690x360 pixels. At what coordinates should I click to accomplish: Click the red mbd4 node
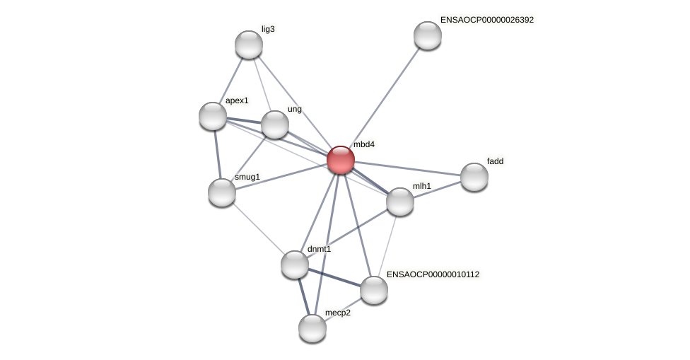point(341,160)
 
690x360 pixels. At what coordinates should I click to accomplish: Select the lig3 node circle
point(249,45)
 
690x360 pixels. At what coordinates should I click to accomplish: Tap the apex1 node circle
point(213,116)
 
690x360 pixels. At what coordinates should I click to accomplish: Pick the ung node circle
point(275,124)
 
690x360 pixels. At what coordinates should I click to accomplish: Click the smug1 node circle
point(222,192)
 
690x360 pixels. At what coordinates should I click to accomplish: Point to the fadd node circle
point(474,177)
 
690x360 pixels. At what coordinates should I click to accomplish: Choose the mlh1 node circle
point(400,202)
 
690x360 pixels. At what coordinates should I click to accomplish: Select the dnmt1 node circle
point(295,265)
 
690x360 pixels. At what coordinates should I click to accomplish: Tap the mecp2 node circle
point(312,328)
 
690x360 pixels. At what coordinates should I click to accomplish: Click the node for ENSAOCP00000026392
point(428,35)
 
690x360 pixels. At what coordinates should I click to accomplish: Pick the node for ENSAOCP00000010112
point(374,290)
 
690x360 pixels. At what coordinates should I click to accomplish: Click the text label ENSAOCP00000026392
point(486,20)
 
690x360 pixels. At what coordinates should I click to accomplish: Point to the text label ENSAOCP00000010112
point(433,274)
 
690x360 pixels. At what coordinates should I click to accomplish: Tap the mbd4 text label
point(364,144)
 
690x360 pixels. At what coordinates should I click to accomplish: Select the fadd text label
point(495,161)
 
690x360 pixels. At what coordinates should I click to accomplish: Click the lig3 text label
point(268,29)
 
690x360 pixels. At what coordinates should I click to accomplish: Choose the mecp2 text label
point(337,313)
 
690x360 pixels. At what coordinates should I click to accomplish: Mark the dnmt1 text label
point(319,249)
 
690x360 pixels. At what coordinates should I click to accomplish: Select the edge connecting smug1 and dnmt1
point(258,228)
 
